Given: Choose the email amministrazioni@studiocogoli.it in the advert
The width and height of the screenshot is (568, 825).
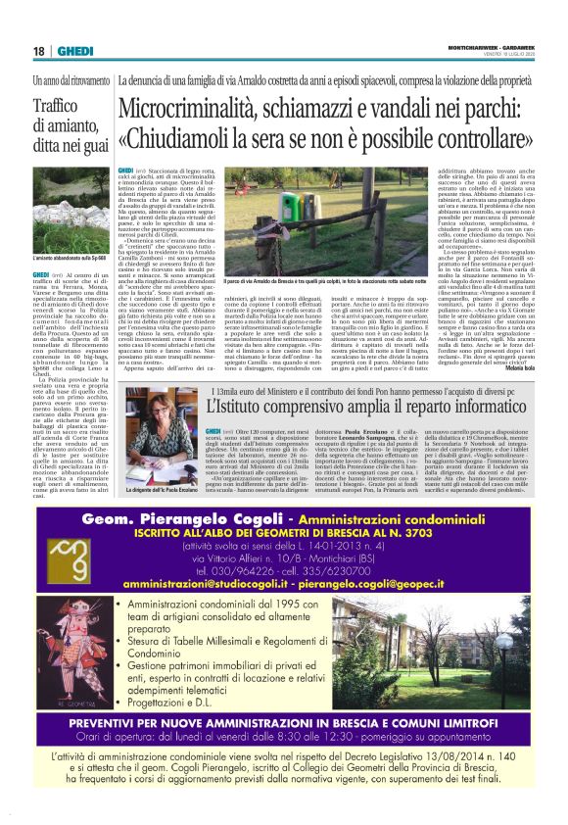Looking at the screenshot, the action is tap(207, 583).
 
